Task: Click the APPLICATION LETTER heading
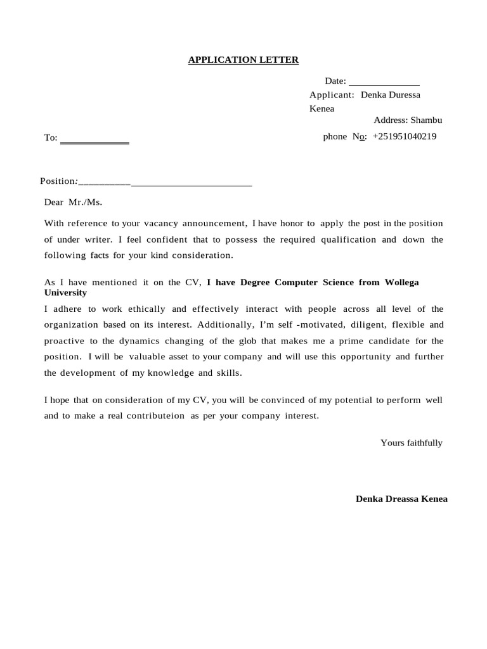coord(243,60)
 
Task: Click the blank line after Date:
coord(384,82)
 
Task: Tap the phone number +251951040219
coord(405,136)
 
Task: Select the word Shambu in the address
coord(426,120)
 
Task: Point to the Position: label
coord(58,181)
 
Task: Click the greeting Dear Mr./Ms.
coord(73,203)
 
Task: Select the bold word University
coord(65,293)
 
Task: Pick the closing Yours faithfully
coord(411,443)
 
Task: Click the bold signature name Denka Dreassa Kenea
coord(401,499)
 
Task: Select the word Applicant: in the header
coord(331,95)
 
